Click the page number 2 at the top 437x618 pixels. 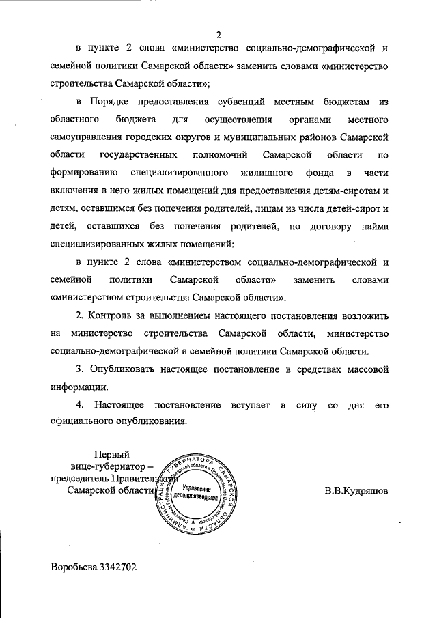(x=218, y=35)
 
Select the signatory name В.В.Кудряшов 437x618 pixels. (x=356, y=490)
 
